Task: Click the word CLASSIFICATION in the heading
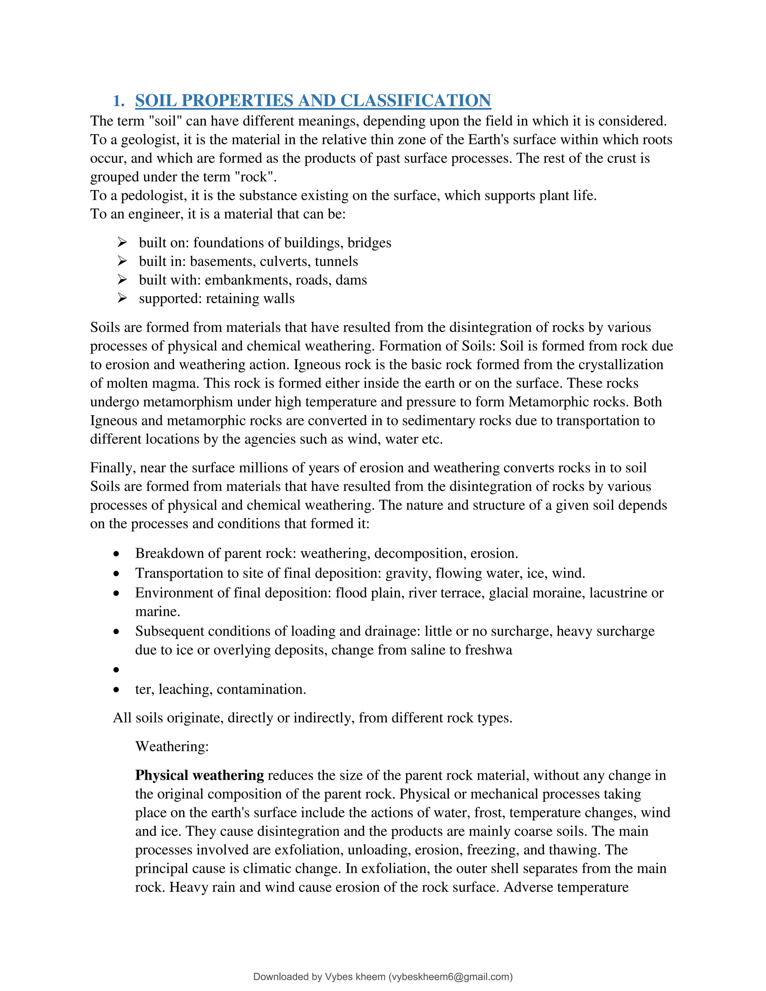click(415, 101)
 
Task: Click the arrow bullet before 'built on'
click(122, 242)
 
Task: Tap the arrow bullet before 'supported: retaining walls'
click(122, 298)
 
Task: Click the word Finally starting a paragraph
click(113, 468)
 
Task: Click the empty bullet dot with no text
click(117, 670)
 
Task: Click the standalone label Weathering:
click(172, 746)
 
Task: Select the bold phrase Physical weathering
click(199, 776)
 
